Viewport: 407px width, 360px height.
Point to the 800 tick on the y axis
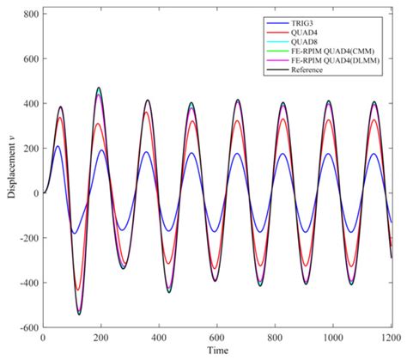[x=30, y=15]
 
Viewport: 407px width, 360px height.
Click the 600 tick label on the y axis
[x=30, y=59]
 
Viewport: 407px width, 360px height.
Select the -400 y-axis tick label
[x=27, y=283]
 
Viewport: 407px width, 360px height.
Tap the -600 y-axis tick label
[x=27, y=327]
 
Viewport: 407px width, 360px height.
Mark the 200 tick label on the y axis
[x=30, y=149]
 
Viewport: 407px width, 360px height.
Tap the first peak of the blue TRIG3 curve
[x=58, y=146]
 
